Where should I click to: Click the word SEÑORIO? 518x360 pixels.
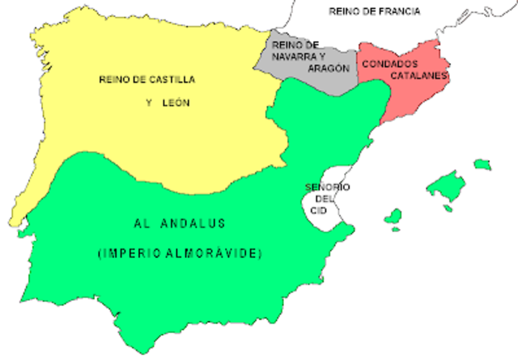pos(327,188)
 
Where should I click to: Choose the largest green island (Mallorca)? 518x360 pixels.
pos(448,187)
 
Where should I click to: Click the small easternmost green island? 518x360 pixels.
pos(482,164)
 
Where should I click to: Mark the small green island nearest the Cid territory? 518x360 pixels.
pos(393,217)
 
